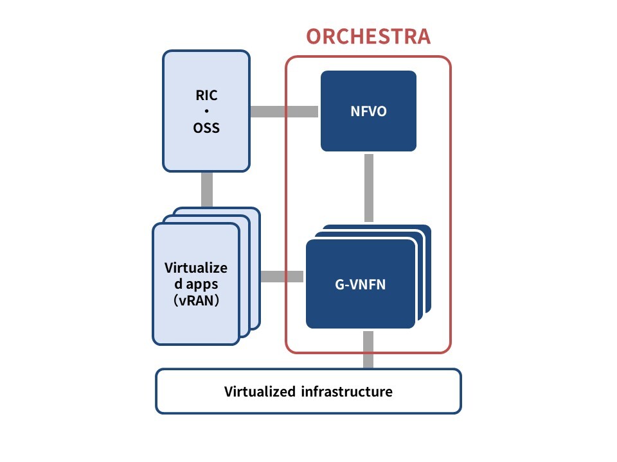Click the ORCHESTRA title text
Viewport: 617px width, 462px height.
tap(368, 37)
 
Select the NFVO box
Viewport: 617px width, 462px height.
tap(368, 111)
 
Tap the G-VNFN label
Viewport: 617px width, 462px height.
tap(360, 284)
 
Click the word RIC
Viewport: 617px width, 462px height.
tap(206, 95)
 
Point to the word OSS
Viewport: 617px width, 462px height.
tap(206, 128)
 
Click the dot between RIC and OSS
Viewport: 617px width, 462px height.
tap(206, 111)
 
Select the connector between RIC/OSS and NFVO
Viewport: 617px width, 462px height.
tap(284, 112)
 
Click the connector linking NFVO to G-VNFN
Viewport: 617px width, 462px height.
tap(369, 188)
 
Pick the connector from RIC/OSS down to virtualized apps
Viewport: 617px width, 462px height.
tap(207, 189)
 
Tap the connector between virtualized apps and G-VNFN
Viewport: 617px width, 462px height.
tap(282, 277)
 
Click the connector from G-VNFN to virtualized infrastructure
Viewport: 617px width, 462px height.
tap(368, 350)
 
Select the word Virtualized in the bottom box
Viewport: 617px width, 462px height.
tap(260, 391)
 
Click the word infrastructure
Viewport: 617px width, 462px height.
tap(346, 391)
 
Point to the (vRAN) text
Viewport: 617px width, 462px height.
tap(196, 300)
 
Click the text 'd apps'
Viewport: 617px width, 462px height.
tap(196, 284)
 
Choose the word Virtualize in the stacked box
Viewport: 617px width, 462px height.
tap(196, 268)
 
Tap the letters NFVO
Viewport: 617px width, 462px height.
tap(368, 112)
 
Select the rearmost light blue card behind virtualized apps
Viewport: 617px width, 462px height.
tap(256, 267)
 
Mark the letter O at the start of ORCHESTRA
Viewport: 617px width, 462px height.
tap(313, 37)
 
